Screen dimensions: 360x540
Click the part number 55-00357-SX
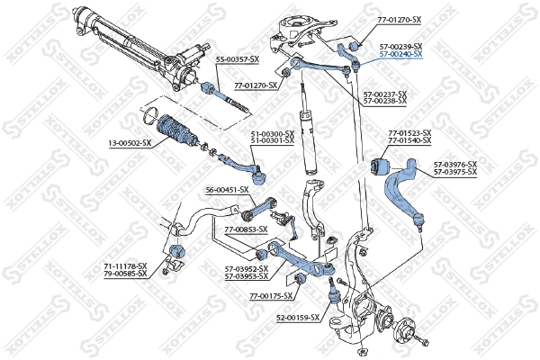click(237, 59)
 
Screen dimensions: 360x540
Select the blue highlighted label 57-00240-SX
click(400, 54)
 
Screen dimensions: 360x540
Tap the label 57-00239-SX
click(400, 46)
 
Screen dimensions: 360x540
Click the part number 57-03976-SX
click(454, 164)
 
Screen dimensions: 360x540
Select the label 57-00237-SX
click(384, 94)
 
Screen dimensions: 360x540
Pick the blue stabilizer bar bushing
click(176, 249)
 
